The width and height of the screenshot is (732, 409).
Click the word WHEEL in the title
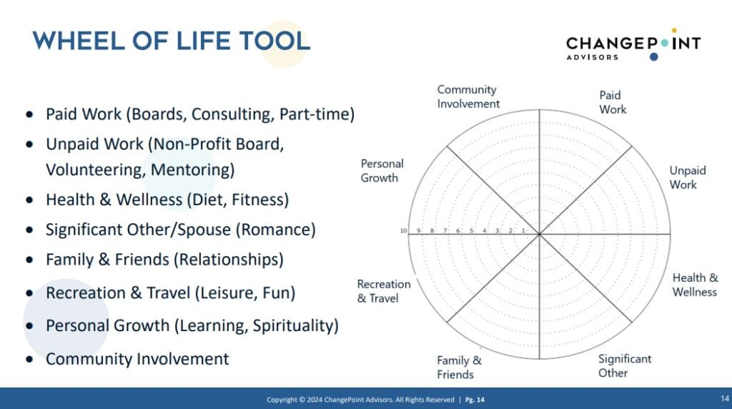(79, 41)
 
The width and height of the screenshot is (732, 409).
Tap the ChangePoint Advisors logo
(633, 45)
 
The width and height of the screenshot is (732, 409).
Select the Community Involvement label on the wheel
(468, 97)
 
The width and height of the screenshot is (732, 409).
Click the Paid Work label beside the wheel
(613, 102)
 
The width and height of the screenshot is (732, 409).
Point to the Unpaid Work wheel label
(688, 177)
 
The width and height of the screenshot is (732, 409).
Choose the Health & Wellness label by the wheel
(695, 285)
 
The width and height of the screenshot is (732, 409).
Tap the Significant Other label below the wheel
(625, 365)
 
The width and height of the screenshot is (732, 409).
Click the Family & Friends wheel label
(459, 367)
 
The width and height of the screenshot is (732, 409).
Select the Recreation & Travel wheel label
(384, 291)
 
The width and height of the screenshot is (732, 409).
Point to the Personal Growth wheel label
(382, 170)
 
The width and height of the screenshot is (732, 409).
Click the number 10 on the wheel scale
(403, 231)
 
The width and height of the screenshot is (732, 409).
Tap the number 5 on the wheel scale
(472, 231)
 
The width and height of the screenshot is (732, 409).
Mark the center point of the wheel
(539, 234)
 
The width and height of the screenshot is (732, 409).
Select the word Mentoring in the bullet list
(192, 169)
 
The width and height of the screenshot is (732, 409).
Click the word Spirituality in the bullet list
(295, 326)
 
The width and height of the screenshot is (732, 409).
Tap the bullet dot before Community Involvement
(30, 360)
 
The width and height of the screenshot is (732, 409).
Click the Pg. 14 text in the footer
(475, 400)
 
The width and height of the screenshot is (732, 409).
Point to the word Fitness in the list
(260, 199)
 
